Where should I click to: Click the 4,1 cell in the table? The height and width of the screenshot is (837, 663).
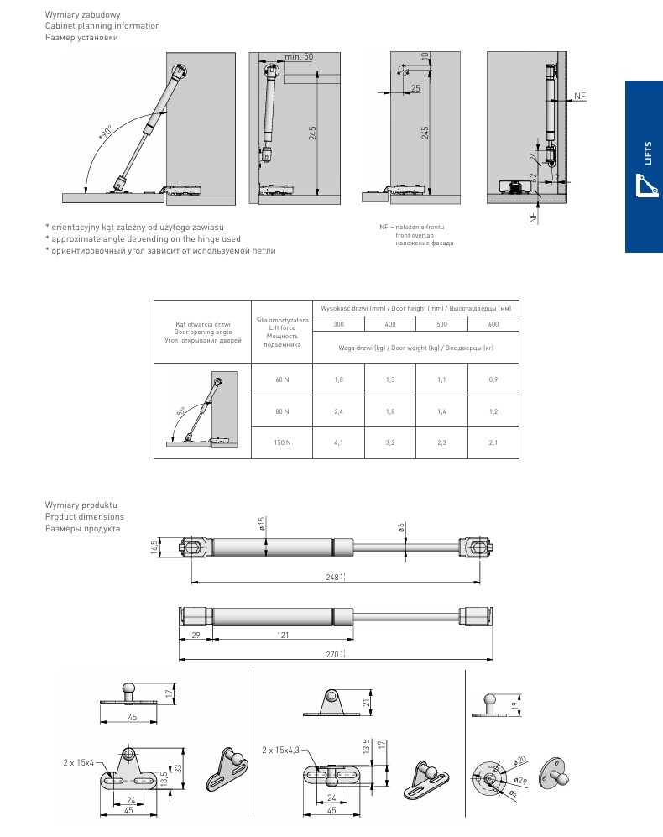click(338, 442)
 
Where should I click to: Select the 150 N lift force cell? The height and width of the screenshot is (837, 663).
click(282, 442)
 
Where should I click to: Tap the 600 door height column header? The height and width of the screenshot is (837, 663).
click(493, 324)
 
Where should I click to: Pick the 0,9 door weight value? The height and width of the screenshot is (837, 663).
click(493, 380)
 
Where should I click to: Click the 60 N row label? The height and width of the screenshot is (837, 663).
click(282, 380)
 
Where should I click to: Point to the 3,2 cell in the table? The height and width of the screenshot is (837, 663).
click(390, 442)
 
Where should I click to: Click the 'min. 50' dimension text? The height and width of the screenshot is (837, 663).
click(298, 56)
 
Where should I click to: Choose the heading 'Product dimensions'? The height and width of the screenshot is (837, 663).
click(84, 516)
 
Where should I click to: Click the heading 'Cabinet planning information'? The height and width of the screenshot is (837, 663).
click(102, 26)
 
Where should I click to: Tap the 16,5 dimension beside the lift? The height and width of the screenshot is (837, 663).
click(155, 547)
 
